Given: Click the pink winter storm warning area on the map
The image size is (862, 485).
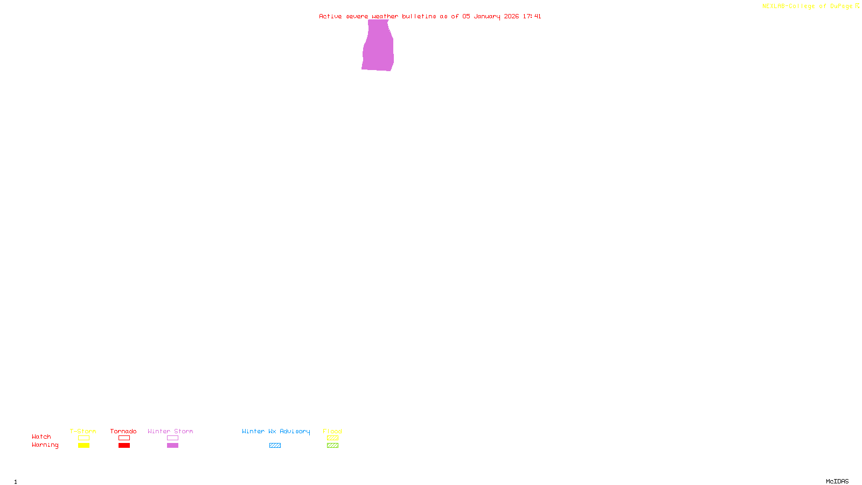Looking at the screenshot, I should [x=378, y=48].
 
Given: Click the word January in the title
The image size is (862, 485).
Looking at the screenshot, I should [x=486, y=16].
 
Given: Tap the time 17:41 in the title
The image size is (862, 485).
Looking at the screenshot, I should [x=532, y=16].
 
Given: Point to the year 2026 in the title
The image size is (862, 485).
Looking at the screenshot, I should [x=511, y=16].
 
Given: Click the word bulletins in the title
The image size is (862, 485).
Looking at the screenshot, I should [x=419, y=16].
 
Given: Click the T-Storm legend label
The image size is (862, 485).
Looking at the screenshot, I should [x=83, y=431].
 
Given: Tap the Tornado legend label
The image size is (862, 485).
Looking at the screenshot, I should [x=123, y=431].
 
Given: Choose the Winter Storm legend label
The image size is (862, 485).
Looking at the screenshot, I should [x=170, y=431].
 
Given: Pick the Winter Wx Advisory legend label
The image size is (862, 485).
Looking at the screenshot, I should [x=276, y=431].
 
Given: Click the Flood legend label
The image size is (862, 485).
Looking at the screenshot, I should [x=332, y=431].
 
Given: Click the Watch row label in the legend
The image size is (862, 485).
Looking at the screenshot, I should [x=41, y=436].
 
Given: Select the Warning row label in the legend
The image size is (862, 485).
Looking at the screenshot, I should [x=45, y=445].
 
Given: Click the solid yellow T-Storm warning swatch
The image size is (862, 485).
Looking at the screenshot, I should [x=84, y=446].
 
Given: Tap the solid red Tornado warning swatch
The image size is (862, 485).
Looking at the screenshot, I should [x=124, y=446].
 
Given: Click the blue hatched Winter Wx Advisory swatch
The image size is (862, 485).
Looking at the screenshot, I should [x=275, y=446].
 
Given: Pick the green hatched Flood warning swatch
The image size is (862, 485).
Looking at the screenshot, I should [x=332, y=446].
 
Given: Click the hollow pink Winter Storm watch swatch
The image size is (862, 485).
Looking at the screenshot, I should [x=172, y=438].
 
